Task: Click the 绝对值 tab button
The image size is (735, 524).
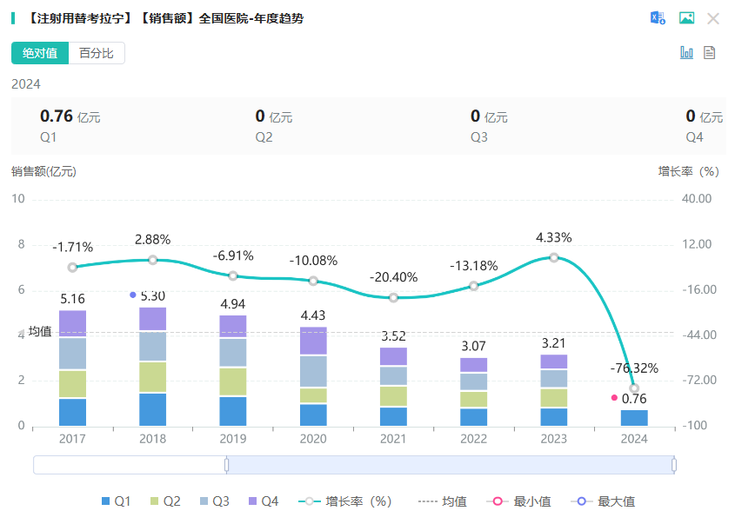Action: (x=40, y=53)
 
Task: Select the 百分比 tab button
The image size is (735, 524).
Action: (x=97, y=53)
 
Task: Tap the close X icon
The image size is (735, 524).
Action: (x=713, y=18)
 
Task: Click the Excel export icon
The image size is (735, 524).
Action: (x=658, y=18)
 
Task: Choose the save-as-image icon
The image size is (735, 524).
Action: (x=686, y=18)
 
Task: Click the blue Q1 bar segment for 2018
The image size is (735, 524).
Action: (x=152, y=409)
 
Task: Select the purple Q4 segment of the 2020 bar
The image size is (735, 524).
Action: (x=313, y=341)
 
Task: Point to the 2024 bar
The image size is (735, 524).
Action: (x=634, y=418)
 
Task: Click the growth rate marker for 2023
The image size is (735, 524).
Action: (x=553, y=257)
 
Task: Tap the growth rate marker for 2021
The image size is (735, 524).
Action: (x=393, y=297)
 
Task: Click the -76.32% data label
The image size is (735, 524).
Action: (x=634, y=368)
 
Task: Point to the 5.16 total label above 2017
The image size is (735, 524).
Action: (x=72, y=299)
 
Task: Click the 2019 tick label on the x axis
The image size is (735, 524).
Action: (x=233, y=440)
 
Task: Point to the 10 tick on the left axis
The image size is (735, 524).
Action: (x=18, y=199)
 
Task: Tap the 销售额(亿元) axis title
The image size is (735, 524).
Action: (x=43, y=171)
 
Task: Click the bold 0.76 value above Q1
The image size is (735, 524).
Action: (x=56, y=116)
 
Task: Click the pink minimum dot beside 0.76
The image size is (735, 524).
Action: (x=614, y=398)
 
